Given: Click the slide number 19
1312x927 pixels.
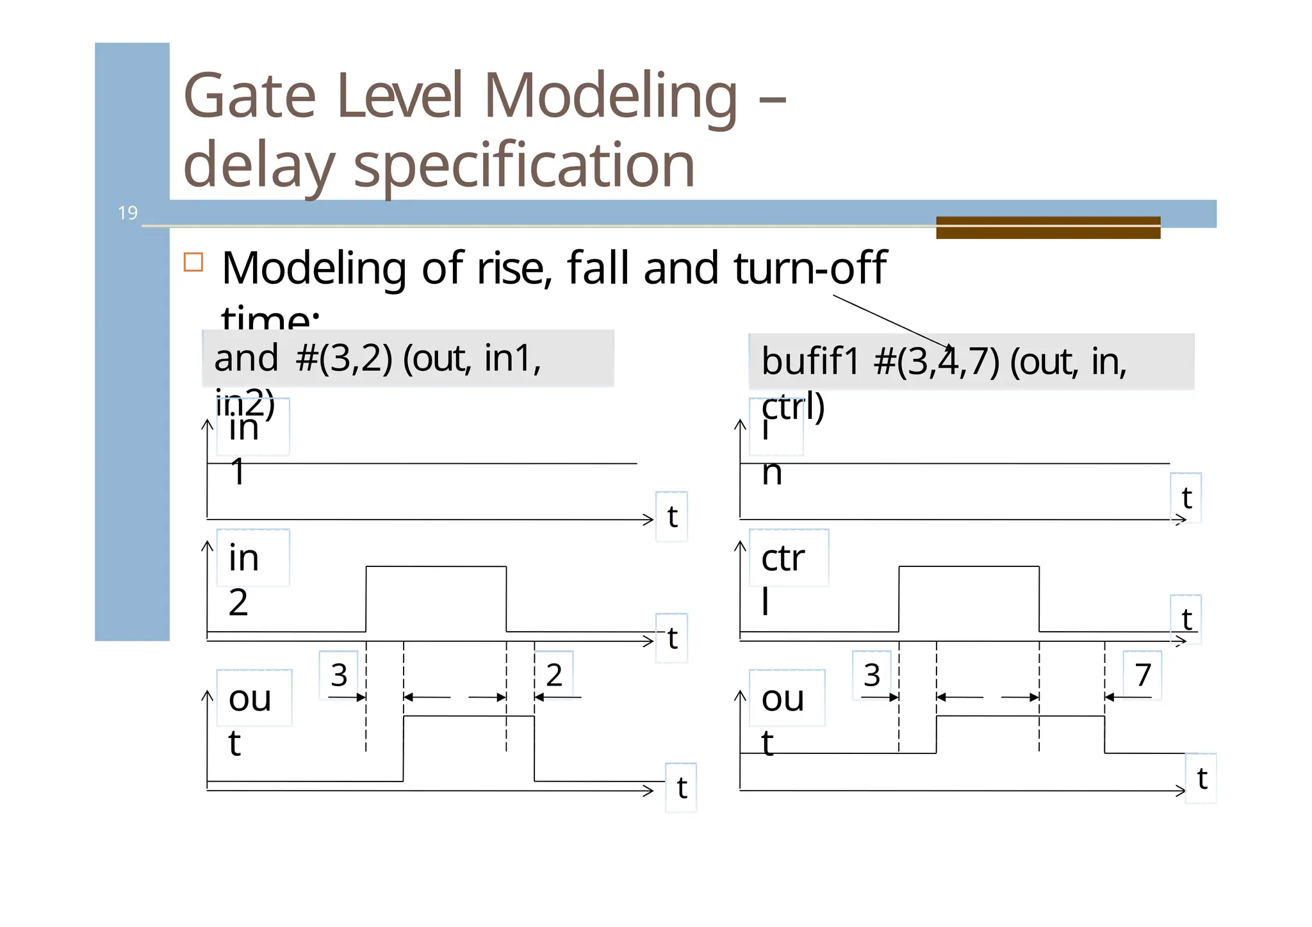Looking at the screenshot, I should [x=127, y=213].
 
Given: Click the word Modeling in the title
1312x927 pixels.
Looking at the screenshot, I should [x=610, y=96].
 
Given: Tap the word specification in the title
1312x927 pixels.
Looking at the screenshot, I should [x=523, y=165].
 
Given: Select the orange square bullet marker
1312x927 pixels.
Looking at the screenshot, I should [x=193, y=262].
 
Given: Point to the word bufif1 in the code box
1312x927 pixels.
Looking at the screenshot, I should [x=810, y=361].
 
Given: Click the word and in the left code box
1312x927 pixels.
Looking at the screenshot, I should [x=246, y=358].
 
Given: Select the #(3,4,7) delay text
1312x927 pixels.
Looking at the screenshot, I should [x=936, y=361].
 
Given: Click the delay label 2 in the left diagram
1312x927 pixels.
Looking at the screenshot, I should [x=554, y=675].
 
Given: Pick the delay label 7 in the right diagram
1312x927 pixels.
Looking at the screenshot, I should [x=1143, y=675].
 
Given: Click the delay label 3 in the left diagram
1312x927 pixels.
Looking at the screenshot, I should [x=339, y=675].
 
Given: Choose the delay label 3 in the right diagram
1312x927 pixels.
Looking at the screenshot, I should [x=872, y=675].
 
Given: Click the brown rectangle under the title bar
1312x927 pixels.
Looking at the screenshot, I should [x=1047, y=227].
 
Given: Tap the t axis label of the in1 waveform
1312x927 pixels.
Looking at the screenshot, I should [x=672, y=516].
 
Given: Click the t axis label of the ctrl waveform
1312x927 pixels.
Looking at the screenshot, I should [x=1186, y=619].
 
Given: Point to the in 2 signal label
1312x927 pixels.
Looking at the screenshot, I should [x=244, y=578].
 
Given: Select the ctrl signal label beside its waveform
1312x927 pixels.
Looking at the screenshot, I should [x=783, y=578].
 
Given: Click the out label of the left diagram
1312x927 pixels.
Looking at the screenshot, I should [x=250, y=719].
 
